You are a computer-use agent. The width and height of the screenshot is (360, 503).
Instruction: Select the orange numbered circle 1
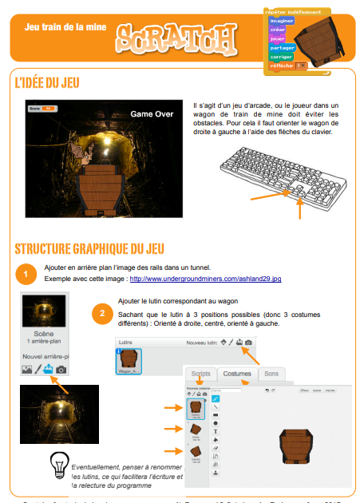pyautogui.click(x=26, y=275)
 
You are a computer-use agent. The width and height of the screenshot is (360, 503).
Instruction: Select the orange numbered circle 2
pyautogui.click(x=101, y=313)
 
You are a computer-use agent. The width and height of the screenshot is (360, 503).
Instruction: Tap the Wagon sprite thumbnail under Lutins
pyautogui.click(x=129, y=361)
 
